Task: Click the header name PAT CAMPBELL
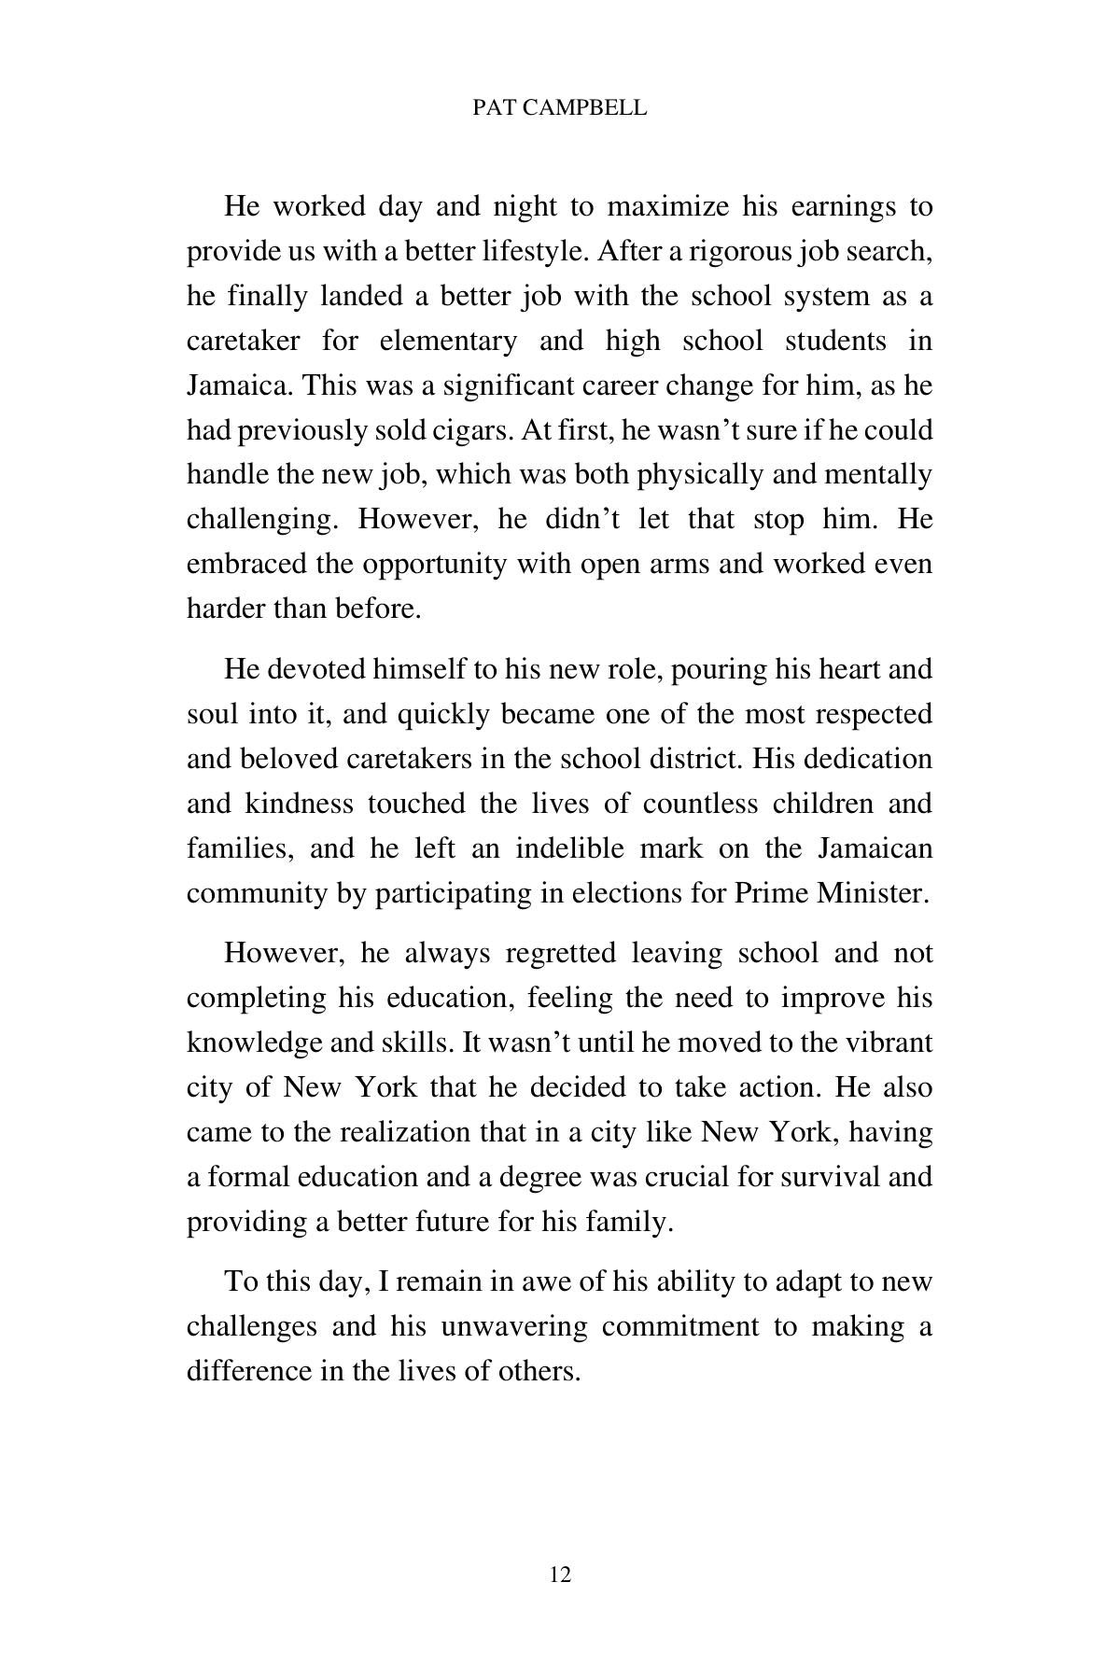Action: click(x=559, y=108)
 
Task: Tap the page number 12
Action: click(x=560, y=1575)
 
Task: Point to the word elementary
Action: click(x=448, y=341)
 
